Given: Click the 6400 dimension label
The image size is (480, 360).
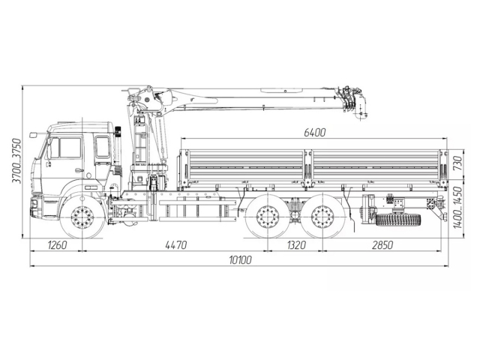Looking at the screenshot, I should pos(314,133).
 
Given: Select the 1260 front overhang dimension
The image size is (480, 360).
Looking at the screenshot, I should pos(57,244).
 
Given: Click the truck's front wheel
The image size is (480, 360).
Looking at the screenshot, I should pos(82,217).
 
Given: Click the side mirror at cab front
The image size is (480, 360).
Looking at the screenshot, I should pos(34,135).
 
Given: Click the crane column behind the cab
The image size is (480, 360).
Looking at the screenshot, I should pos(139,146).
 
